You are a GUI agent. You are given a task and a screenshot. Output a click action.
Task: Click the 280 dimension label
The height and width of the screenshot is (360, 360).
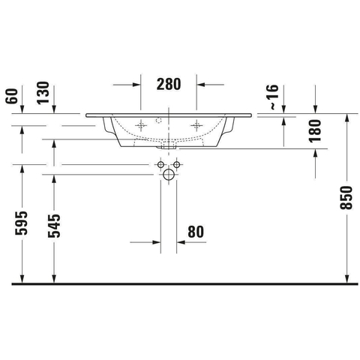click(169, 84)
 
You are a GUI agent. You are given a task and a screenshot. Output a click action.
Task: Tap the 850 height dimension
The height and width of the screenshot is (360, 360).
click(346, 198)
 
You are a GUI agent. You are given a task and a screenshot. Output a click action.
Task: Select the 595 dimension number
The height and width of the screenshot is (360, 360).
click(21, 223)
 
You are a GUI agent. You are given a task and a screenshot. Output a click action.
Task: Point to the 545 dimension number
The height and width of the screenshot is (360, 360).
click(54, 226)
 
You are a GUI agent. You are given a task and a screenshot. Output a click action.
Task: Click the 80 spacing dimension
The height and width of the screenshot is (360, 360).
click(196, 232)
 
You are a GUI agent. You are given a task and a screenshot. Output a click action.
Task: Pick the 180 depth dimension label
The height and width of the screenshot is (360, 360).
click(315, 131)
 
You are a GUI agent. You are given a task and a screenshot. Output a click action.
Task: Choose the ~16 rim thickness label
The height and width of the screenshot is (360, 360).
click(274, 97)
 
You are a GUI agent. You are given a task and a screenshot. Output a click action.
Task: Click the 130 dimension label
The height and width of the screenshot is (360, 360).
click(43, 93)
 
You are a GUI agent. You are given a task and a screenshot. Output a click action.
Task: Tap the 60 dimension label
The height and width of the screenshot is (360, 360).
click(12, 96)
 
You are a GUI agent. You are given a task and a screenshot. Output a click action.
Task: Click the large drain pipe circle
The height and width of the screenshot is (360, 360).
click(169, 175)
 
